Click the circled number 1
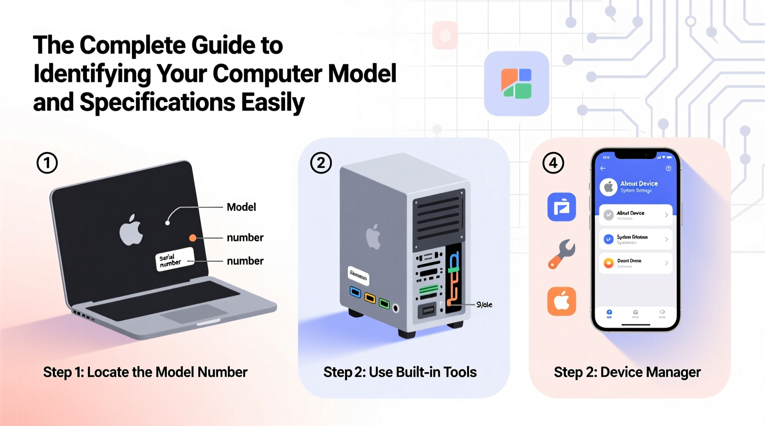click(47, 163)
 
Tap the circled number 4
click(553, 163)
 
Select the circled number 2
click(321, 163)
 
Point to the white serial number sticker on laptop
click(174, 259)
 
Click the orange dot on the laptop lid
click(193, 238)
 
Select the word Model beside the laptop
click(241, 207)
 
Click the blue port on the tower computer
click(355, 292)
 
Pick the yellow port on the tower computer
click(370, 298)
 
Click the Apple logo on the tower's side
click(373, 237)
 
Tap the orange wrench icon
click(561, 254)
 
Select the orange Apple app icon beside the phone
click(561, 302)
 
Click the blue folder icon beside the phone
click(561, 207)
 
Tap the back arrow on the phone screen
click(603, 168)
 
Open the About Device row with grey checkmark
click(635, 215)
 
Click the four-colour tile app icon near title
click(516, 84)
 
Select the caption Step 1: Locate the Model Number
click(145, 372)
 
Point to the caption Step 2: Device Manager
click(627, 372)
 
